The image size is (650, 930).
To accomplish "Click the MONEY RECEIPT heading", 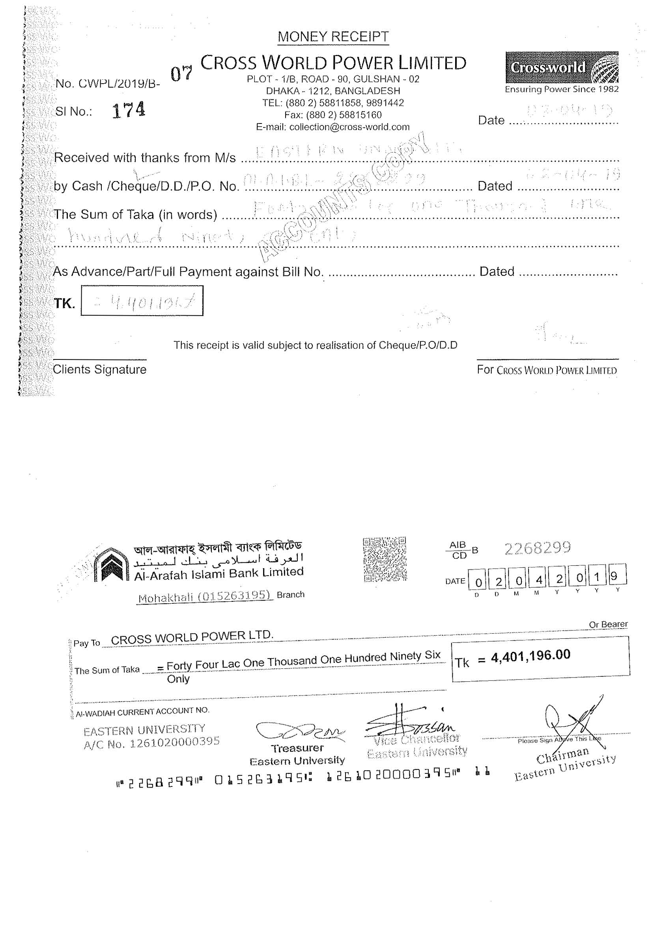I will [333, 37].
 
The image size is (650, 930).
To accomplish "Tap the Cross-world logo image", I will [562, 67].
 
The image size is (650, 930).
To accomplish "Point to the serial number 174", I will [128, 110].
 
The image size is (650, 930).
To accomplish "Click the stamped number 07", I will [181, 73].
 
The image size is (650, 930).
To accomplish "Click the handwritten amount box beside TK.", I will [142, 301].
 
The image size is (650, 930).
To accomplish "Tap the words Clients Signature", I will [100, 369].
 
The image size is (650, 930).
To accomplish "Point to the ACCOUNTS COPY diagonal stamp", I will [342, 196].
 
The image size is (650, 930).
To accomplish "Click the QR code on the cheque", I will [385, 559].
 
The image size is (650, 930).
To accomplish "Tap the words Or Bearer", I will [608, 624].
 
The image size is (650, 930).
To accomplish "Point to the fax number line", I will [333, 115].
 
